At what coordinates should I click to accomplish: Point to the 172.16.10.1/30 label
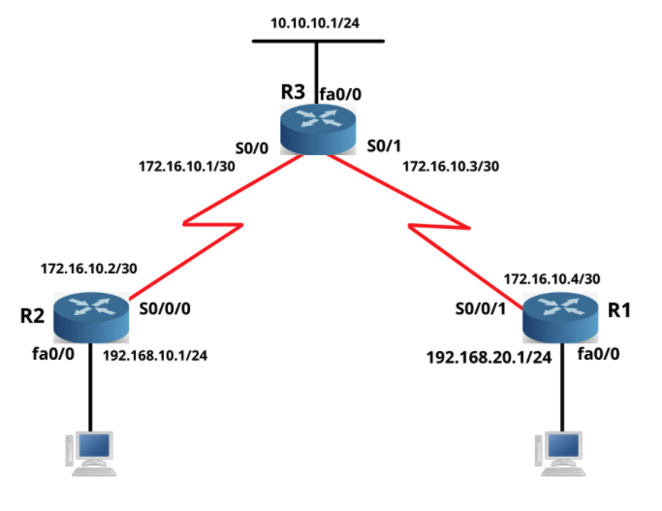pyautogui.click(x=187, y=166)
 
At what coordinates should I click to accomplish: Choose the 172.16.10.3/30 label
pyautogui.click(x=451, y=166)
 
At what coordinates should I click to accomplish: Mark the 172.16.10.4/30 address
pyautogui.click(x=552, y=278)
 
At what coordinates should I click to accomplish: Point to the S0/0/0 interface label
pyautogui.click(x=166, y=311)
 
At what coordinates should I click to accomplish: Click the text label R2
pyautogui.click(x=33, y=316)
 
